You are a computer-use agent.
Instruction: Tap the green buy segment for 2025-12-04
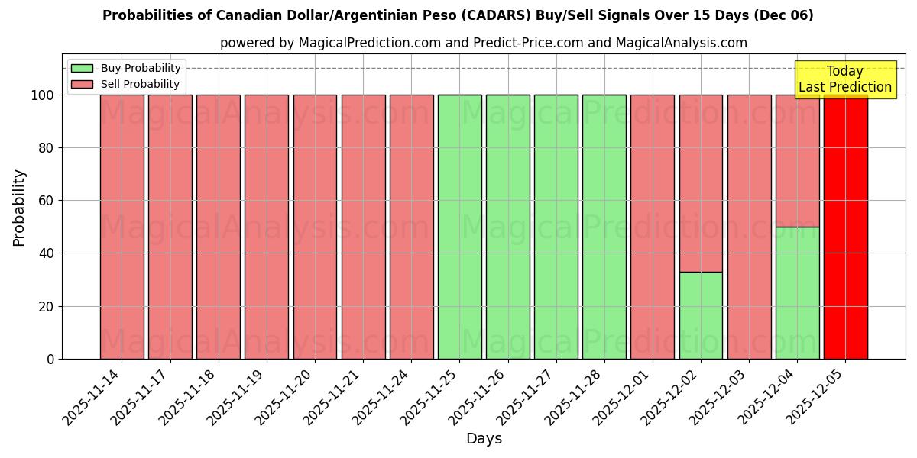tap(797, 293)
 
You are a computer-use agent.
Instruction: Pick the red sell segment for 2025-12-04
tap(797, 160)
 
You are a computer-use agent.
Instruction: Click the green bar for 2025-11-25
tap(459, 227)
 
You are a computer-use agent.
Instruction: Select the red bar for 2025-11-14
tap(122, 227)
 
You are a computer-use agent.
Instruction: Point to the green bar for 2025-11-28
tap(604, 227)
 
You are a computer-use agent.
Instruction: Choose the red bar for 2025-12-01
tap(653, 227)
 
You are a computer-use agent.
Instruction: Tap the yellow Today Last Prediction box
tap(844, 79)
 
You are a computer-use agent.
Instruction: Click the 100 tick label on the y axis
tap(43, 95)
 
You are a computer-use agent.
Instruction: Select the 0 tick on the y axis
tap(50, 359)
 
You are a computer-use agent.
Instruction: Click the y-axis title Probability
tap(19, 208)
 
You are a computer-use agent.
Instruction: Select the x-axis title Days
tap(484, 439)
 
